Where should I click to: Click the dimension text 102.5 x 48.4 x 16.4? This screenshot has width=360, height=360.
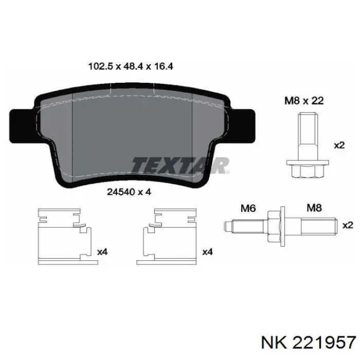131,66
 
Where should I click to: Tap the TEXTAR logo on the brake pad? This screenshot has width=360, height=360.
181,165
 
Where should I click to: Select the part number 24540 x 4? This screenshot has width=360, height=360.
129,192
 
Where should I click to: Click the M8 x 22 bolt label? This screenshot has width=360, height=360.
304,101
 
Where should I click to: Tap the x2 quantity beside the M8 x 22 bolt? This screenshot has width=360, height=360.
339,146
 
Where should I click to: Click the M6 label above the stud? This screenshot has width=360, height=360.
248,208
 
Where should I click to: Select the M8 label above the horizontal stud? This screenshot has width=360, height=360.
314,208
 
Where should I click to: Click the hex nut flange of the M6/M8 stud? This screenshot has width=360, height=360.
277,226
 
